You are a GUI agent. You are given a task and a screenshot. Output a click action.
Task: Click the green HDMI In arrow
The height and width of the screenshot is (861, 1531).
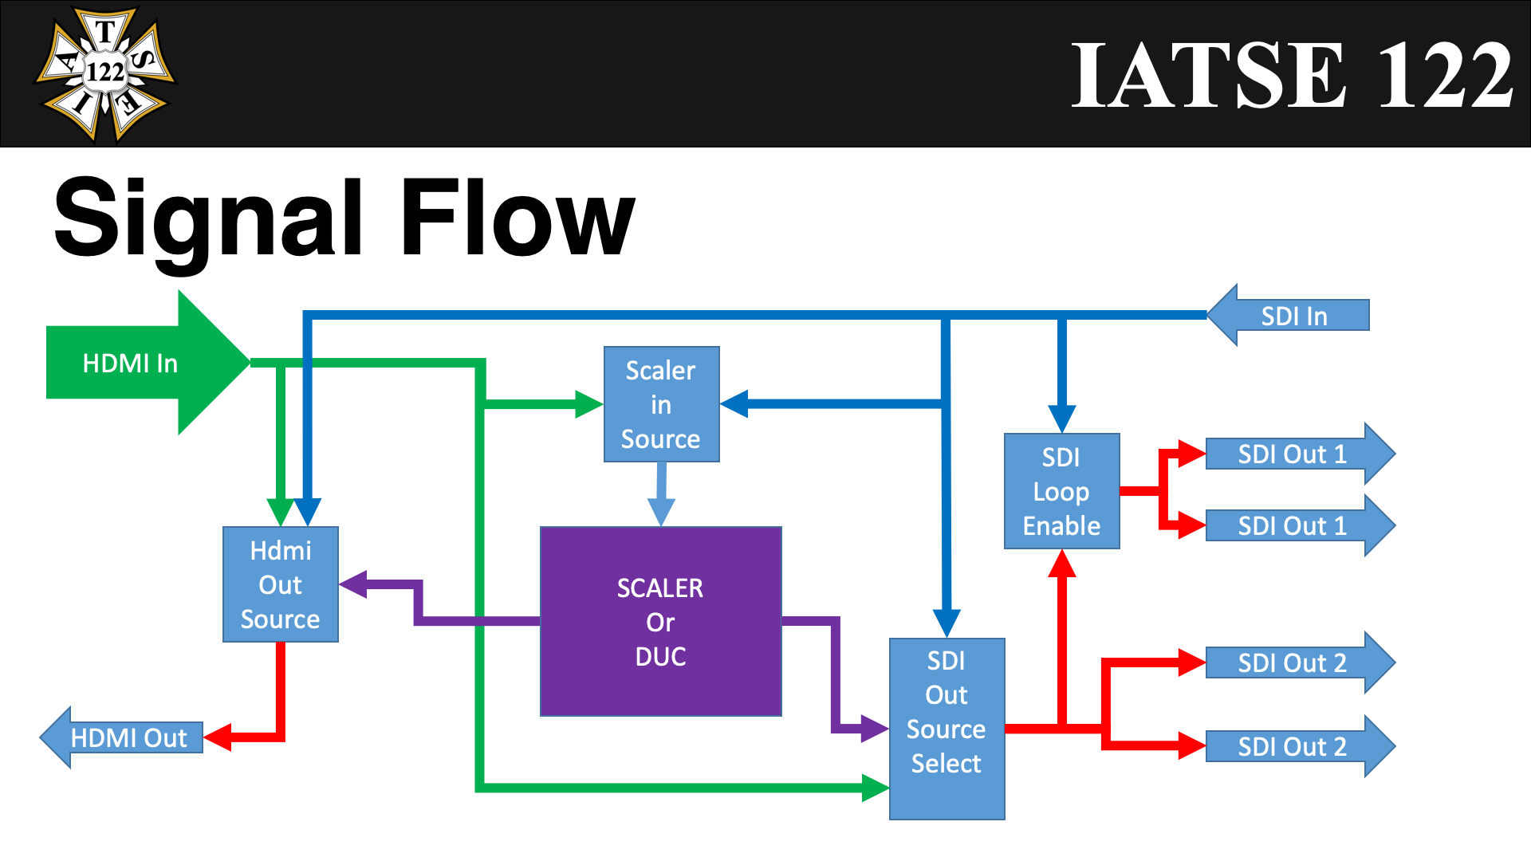[136, 363]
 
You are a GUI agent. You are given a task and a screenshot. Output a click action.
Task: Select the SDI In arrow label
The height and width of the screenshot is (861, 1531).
[1293, 316]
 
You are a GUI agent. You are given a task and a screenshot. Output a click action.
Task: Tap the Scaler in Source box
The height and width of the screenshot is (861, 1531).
[661, 404]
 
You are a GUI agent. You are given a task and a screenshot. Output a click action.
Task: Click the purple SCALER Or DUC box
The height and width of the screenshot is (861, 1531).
[660, 622]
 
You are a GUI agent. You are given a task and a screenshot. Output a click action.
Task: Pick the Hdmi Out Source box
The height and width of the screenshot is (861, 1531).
[281, 584]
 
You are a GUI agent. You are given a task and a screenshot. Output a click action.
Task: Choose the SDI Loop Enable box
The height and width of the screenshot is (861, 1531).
[1061, 491]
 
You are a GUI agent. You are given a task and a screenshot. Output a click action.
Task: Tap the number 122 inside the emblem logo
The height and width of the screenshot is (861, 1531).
[105, 73]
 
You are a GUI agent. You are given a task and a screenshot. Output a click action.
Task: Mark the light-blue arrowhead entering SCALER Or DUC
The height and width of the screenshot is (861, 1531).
[661, 511]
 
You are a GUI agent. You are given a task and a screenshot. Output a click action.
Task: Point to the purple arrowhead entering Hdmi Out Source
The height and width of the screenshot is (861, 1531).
[353, 584]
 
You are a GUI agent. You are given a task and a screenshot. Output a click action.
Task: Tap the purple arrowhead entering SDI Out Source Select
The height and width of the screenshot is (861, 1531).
[875, 728]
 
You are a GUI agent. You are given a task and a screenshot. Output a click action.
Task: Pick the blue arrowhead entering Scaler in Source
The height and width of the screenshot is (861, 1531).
[734, 404]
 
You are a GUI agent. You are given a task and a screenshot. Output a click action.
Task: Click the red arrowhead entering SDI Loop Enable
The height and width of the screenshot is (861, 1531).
[1062, 564]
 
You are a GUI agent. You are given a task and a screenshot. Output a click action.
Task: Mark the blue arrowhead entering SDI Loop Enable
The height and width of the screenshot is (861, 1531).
[1062, 419]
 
